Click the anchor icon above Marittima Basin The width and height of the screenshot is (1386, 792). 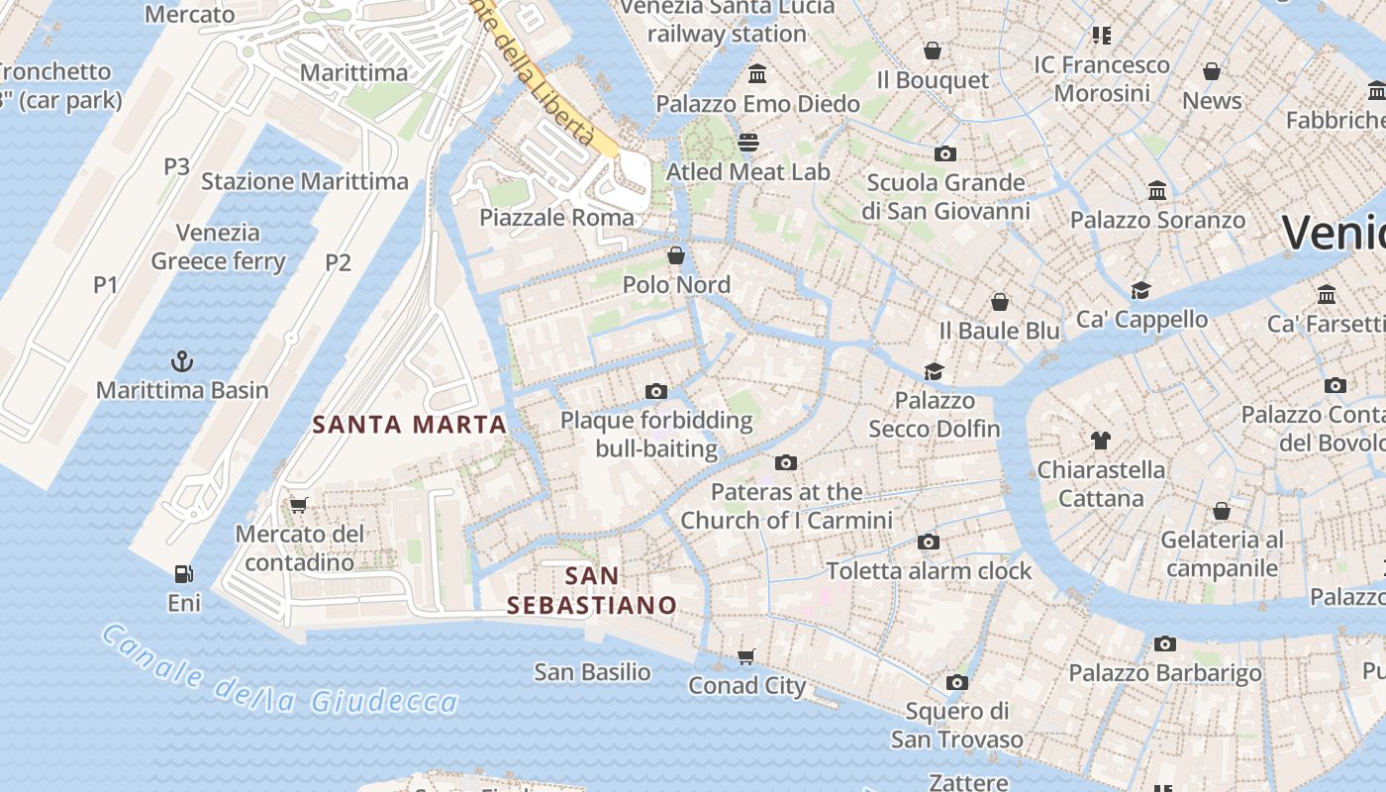pos(182,360)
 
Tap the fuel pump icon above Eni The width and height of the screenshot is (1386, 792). pos(183,573)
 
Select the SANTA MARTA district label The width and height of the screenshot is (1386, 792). pos(410,425)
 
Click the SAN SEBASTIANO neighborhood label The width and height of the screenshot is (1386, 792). pos(592,590)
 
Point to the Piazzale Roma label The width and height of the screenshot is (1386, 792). pos(557,218)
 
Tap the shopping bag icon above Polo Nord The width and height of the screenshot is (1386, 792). pos(676,255)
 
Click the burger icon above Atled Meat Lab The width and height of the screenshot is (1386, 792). pos(748,143)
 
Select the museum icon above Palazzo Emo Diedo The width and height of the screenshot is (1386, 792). pos(758,74)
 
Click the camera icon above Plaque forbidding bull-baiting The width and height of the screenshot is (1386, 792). pos(655,391)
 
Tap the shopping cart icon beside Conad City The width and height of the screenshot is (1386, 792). pos(746,656)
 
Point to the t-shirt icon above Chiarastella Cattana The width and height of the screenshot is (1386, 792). pos(1100,440)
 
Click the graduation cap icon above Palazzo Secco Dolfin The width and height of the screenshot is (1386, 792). pos(934,371)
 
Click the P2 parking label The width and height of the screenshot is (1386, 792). pos(339,262)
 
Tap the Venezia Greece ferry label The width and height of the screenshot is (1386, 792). pos(219,247)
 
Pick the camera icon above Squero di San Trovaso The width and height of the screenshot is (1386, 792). pos(956,682)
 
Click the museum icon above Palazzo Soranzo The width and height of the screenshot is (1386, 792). pos(1156,190)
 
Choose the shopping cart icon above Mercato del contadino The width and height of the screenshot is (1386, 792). pos(298,505)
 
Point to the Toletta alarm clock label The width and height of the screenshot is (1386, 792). pos(929,571)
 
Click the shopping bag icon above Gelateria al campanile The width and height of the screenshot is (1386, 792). pos(1222,511)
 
